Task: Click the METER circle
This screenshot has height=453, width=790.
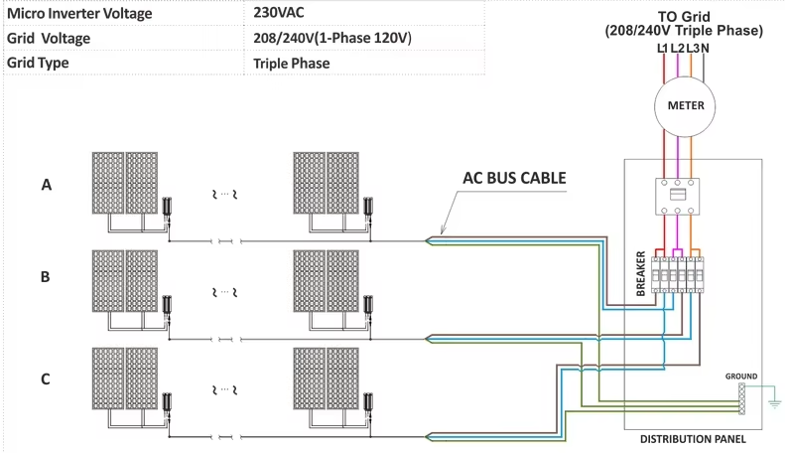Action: tap(685, 105)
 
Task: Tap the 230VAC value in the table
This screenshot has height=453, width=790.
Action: tap(281, 14)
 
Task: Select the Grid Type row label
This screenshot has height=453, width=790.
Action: tap(44, 63)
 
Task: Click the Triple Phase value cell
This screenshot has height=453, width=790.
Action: tap(292, 63)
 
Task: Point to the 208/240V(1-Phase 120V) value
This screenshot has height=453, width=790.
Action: tap(332, 38)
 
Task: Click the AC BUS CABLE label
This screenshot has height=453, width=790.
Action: tap(514, 179)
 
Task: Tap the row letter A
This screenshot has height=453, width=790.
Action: tap(46, 185)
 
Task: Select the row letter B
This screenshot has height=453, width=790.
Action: tap(46, 277)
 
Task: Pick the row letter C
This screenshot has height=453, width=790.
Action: tap(46, 378)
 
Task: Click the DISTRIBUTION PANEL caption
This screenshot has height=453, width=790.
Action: tap(691, 438)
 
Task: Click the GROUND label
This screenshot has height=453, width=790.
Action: tap(740, 377)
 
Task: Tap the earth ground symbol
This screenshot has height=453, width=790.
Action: tap(772, 402)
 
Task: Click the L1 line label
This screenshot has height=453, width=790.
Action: tap(662, 47)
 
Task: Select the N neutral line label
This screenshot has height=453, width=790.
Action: tap(704, 47)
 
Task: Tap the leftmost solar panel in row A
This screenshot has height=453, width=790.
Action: tap(108, 182)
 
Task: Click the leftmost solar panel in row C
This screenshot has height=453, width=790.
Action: tap(108, 377)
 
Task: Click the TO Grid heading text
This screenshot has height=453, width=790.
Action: tap(684, 17)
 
